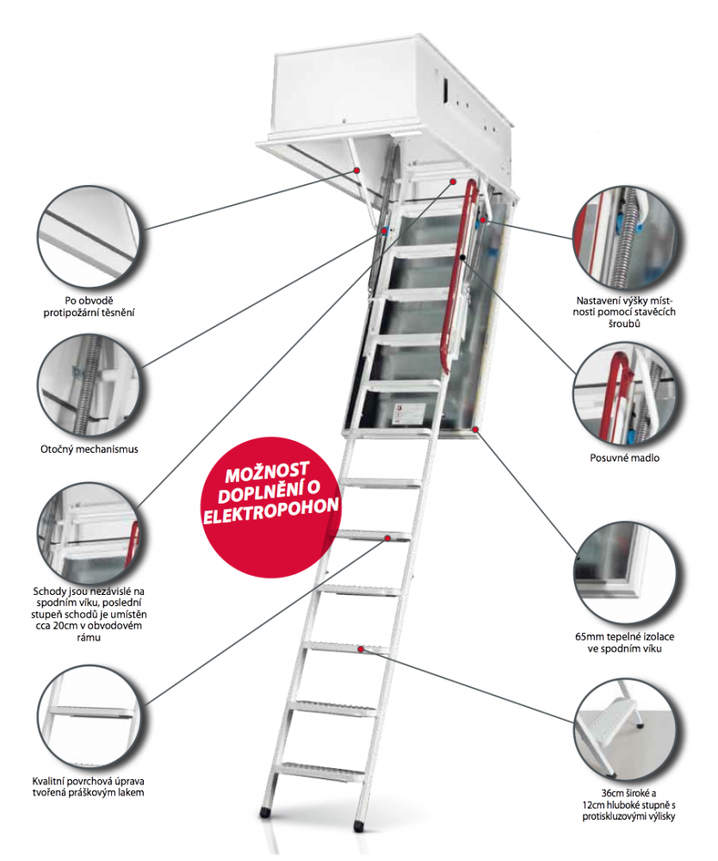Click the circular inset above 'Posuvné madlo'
tap(625, 391)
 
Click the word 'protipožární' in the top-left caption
tap(80, 313)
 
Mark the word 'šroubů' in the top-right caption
tap(625, 324)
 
